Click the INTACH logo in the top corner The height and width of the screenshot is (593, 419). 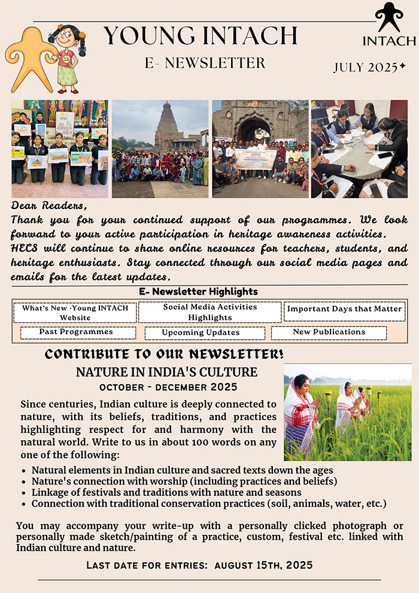pyautogui.click(x=388, y=25)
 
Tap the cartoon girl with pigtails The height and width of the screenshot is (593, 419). pyautogui.click(x=66, y=59)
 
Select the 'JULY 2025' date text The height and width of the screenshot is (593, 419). pyautogui.click(x=369, y=68)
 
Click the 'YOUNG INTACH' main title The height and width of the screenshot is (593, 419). pyautogui.click(x=201, y=36)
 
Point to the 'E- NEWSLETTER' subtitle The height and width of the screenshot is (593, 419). pyautogui.click(x=205, y=63)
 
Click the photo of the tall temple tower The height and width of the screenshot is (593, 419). pyautogui.click(x=160, y=149)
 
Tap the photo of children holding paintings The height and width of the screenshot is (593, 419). pyautogui.click(x=60, y=149)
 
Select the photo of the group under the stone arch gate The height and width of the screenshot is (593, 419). pyautogui.click(x=260, y=149)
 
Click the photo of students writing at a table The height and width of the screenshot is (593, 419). pyautogui.click(x=359, y=149)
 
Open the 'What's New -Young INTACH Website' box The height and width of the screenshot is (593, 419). pyautogui.click(x=75, y=313)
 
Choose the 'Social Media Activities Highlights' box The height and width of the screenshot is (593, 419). pyautogui.click(x=210, y=312)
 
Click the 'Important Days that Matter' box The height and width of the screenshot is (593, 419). pyautogui.click(x=344, y=310)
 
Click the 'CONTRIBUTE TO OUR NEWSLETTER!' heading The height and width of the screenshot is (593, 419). pyautogui.click(x=165, y=353)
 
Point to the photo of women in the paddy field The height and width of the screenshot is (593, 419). pyautogui.click(x=347, y=412)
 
